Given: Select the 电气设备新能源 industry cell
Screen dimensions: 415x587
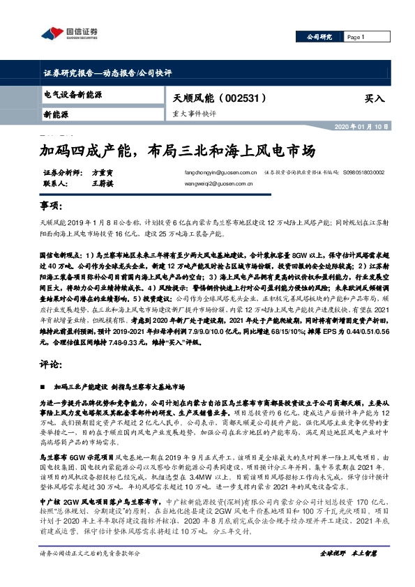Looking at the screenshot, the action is (73, 93).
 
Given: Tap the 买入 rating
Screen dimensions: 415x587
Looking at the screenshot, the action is (375, 99).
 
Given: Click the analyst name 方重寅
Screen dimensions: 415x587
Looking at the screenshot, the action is (102, 172).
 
